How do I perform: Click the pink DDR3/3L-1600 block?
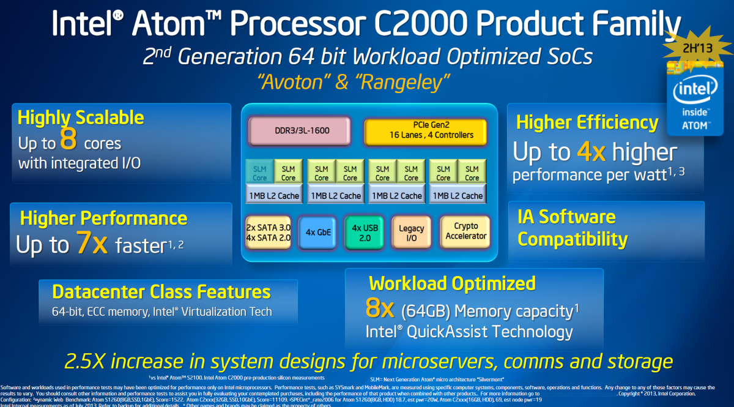(x=299, y=130)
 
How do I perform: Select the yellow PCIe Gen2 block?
(x=426, y=130)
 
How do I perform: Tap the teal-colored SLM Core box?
(x=260, y=173)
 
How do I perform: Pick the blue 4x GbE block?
(x=319, y=232)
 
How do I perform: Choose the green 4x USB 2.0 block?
(x=365, y=232)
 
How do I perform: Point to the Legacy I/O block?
(x=411, y=232)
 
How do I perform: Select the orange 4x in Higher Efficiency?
(x=591, y=152)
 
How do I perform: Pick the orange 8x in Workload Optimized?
(x=380, y=309)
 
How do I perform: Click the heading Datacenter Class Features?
(x=161, y=291)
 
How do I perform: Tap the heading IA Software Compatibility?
(x=573, y=228)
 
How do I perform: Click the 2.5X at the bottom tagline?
(x=91, y=360)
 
